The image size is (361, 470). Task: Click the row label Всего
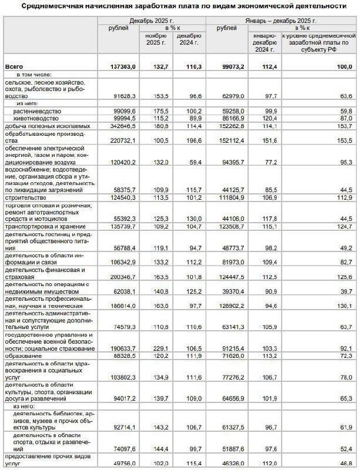14,68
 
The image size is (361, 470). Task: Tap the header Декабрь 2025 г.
152,21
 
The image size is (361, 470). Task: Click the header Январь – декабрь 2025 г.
283,21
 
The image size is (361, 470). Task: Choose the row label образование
22,356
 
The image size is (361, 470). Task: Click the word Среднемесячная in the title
50,6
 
